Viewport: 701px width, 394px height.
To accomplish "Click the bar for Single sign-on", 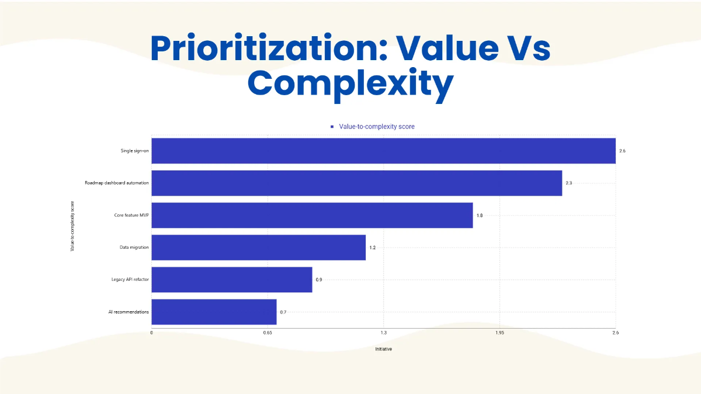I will coord(383,151).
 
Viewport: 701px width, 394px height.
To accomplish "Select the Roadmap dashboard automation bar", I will coord(356,183).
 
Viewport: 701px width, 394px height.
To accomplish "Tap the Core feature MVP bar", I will coord(312,215).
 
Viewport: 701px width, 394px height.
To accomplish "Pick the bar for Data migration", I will coord(258,247).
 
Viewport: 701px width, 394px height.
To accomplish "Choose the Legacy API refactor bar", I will coord(232,280).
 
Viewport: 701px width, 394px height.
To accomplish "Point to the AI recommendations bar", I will coord(214,312).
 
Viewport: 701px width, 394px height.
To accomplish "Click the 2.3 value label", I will coord(568,183).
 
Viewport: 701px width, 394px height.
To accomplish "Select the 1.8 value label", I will coord(480,215).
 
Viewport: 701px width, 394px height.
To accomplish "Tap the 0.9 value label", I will coord(319,280).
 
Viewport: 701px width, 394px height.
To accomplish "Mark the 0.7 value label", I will coord(283,312).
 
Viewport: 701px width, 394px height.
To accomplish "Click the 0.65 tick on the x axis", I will coord(268,333).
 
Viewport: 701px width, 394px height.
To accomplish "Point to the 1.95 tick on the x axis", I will coord(499,333).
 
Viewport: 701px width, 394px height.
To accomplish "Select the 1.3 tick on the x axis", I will coord(383,333).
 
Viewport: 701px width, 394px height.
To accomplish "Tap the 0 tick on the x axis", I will coord(152,333).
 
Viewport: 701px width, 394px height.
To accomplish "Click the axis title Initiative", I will coord(383,349).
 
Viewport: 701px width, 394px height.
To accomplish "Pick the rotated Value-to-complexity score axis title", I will coord(72,227).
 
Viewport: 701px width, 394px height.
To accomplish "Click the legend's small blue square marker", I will coord(332,127).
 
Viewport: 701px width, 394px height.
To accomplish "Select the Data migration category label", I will coord(134,247).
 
